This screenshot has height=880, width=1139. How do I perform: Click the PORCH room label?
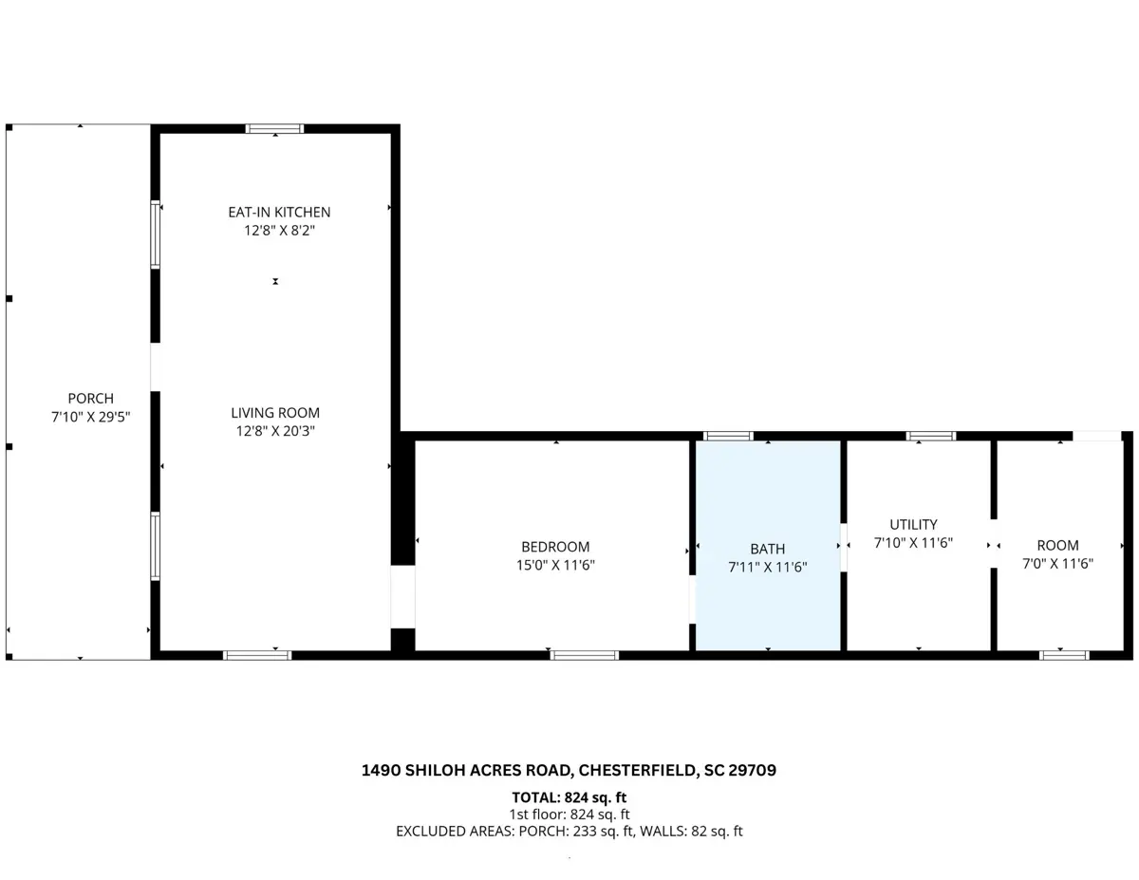[91, 399]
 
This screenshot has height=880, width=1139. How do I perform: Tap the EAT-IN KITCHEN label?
[279, 213]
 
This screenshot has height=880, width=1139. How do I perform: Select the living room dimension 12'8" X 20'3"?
[275, 431]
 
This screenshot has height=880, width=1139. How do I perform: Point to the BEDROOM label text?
[555, 547]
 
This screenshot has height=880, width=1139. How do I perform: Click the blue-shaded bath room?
[768, 546]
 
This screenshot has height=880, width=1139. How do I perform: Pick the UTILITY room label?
[914, 525]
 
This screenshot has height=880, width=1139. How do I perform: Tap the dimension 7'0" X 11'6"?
[1057, 564]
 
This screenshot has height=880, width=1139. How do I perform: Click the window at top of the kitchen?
[274, 129]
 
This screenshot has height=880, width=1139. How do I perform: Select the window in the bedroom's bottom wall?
[585, 655]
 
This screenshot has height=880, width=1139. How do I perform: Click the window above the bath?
[728, 436]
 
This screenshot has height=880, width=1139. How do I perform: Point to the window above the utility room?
[931, 436]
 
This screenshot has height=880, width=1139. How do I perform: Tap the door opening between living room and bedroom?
[402, 596]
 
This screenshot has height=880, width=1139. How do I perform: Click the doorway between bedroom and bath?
[692, 599]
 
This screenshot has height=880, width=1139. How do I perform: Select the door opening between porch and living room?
[155, 366]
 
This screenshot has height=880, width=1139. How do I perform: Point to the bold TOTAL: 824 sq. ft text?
[569, 797]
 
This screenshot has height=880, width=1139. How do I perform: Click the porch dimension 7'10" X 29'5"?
[91, 417]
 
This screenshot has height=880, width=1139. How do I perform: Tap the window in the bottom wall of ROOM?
[1064, 655]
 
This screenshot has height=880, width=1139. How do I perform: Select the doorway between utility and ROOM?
[993, 544]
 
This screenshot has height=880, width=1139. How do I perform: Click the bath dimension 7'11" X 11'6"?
[768, 567]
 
